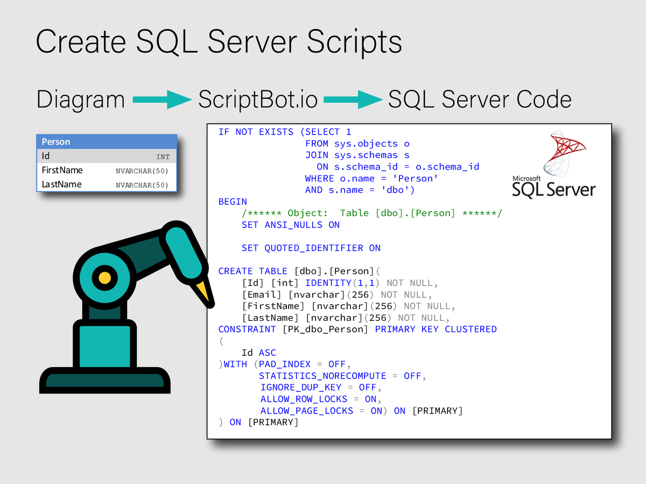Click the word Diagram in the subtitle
tap(81, 100)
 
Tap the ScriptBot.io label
tap(257, 100)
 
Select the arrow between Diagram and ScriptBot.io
tap(161, 99)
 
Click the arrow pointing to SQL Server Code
tap(352, 99)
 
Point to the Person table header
tap(107, 142)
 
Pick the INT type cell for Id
tap(163, 157)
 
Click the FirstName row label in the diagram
tap(62, 170)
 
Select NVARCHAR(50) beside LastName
tap(142, 185)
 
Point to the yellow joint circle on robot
tap(105, 278)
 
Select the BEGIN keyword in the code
tap(233, 201)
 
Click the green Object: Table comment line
tap(372, 213)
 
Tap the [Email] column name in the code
tap(262, 294)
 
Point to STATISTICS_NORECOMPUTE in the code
tap(322, 376)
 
